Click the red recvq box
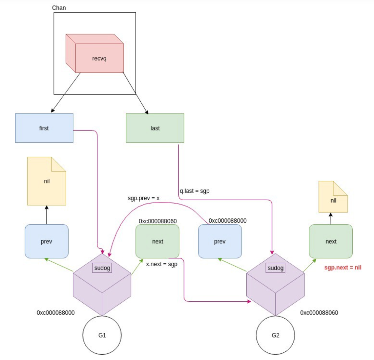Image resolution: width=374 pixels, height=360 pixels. coord(99,58)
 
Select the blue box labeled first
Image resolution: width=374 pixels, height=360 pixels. coord(44,128)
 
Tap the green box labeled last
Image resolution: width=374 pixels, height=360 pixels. coord(155,128)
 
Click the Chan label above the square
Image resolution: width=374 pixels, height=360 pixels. coord(59,8)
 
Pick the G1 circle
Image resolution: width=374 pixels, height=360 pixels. coord(102,335)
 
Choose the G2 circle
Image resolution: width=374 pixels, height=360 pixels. coord(275,335)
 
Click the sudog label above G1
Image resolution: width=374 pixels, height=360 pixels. coord(102,268)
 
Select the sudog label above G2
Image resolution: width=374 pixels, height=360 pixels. coord(275,268)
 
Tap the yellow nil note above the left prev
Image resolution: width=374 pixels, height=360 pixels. coord(47,181)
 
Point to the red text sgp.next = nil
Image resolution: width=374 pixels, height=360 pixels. coord(343,267)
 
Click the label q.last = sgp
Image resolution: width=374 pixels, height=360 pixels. coord(194,191)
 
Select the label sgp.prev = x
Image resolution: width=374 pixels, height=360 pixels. coord(143,198)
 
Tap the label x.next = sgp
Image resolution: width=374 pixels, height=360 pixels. coord(161,264)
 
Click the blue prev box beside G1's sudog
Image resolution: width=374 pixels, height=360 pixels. coord(47,241)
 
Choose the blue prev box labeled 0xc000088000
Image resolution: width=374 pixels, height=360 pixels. coord(220,241)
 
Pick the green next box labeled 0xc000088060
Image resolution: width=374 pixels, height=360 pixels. coord(157,241)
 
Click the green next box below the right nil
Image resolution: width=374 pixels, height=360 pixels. coord(331,241)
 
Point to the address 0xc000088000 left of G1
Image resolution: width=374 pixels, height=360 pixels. coord(55,312)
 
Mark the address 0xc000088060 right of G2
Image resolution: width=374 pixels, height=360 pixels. coord(319,312)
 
